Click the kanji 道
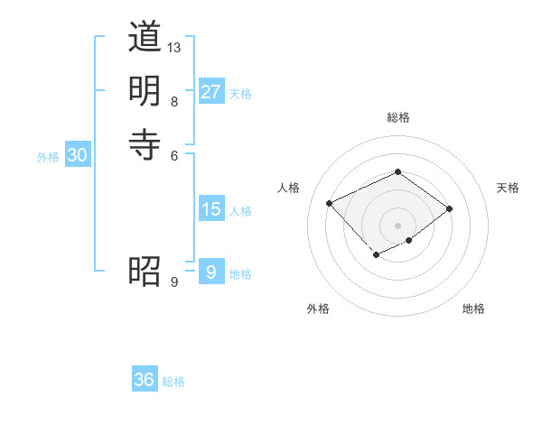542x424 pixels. click(x=145, y=38)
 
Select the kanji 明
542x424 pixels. click(x=145, y=90)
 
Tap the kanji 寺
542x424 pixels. click(x=145, y=143)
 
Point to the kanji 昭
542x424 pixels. click(x=145, y=271)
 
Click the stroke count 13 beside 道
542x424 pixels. click(x=174, y=47)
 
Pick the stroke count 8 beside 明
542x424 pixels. click(x=174, y=101)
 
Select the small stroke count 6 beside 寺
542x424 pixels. click(x=174, y=154)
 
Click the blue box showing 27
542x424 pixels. click(x=210, y=92)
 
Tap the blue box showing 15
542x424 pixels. click(x=210, y=209)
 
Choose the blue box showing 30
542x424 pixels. click(x=77, y=155)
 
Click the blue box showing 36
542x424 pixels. click(x=144, y=380)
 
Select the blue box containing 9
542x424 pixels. click(x=210, y=272)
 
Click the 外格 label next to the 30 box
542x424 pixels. click(x=48, y=156)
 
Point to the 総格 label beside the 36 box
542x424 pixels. click(x=173, y=382)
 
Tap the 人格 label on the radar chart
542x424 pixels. click(x=289, y=188)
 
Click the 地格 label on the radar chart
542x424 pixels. click(x=473, y=309)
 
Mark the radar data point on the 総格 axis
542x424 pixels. click(x=397, y=171)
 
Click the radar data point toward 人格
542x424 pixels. click(x=330, y=203)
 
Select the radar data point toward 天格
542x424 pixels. click(x=450, y=208)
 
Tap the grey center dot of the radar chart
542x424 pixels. click(x=397, y=226)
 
